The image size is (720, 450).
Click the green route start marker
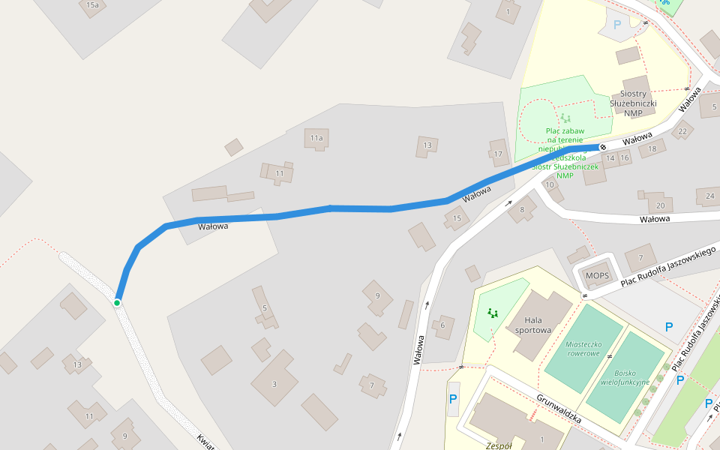(117, 302)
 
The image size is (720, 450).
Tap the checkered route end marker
(602, 147)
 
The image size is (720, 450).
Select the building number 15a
(92, 5)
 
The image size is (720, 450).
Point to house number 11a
(316, 138)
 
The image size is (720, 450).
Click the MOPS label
(598, 276)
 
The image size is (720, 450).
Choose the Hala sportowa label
(533, 324)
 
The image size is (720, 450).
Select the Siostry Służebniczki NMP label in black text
(633, 103)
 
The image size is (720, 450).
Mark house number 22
(682, 132)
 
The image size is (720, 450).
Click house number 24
(709, 196)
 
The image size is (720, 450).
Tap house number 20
(660, 205)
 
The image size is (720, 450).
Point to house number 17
(498, 155)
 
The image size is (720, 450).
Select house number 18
(652, 149)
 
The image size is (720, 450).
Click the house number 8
(522, 210)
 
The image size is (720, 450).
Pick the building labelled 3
(274, 384)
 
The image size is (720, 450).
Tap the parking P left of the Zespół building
(453, 399)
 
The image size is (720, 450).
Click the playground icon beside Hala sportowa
(492, 313)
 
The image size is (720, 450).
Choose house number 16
(625, 158)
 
